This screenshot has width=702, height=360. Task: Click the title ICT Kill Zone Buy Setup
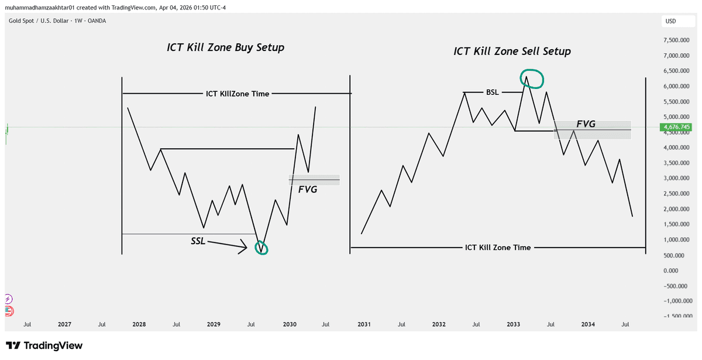tap(226, 48)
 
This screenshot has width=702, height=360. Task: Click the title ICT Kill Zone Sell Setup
tap(512, 52)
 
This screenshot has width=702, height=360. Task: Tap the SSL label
tap(199, 241)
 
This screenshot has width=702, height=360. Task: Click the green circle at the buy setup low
tap(261, 248)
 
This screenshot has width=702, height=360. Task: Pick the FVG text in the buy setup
tap(308, 190)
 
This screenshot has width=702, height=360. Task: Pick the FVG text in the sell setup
tap(586, 124)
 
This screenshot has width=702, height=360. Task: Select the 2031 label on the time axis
tap(364, 324)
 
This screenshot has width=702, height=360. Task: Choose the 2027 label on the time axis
tap(64, 324)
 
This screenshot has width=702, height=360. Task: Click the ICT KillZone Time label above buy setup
tap(238, 94)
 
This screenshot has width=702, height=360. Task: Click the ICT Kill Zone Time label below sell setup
tap(498, 248)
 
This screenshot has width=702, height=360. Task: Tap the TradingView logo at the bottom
tap(44, 346)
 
